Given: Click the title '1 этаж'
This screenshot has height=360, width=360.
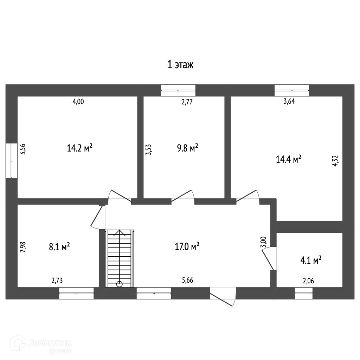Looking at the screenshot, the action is click(180, 65).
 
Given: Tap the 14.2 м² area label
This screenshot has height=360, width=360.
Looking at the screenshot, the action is click(80, 148).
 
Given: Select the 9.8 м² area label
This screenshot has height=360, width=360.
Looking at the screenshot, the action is click(188, 148).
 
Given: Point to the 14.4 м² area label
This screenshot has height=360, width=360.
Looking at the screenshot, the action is click(289, 159).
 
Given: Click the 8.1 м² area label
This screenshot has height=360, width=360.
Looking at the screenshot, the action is click(59, 247).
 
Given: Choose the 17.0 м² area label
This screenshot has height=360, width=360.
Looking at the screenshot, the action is click(187, 246).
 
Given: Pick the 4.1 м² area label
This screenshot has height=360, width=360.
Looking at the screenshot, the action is click(311, 260).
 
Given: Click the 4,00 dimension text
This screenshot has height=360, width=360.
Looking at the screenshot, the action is click(78, 101).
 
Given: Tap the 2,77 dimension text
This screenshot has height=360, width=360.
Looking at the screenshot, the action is click(187, 102).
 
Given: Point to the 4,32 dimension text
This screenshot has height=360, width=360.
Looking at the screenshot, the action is click(335, 161).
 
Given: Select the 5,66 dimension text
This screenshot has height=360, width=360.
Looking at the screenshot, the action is click(188, 280).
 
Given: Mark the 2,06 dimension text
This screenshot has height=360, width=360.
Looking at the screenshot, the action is click(308, 281).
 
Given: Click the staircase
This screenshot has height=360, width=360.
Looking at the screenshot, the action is click(120, 258).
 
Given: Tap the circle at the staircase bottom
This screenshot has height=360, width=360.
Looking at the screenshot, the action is click(120, 284).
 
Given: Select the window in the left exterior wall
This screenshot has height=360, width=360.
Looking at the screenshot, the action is click(12, 160).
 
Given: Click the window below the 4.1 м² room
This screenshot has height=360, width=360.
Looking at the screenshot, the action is click(304, 293).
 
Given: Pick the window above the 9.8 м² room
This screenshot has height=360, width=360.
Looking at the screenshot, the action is click(178, 90).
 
